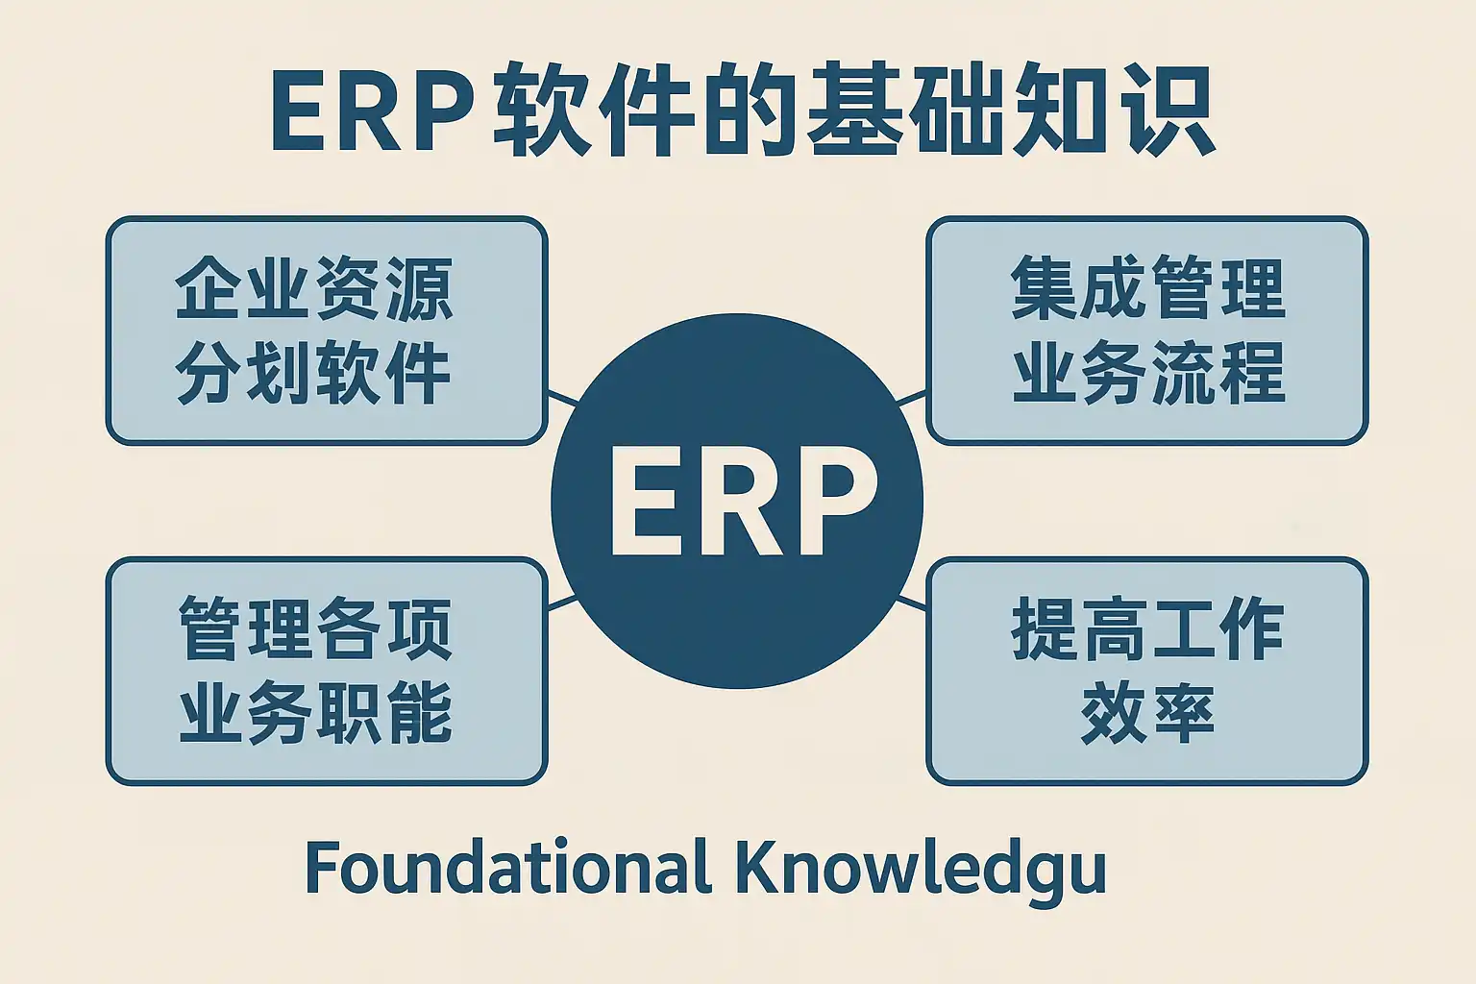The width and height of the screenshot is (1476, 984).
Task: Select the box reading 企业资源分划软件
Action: click(x=326, y=331)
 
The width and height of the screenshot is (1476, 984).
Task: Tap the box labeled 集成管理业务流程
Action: click(x=1146, y=331)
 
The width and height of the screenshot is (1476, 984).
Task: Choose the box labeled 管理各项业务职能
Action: click(x=326, y=671)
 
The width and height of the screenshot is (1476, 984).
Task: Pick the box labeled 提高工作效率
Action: click(x=1146, y=671)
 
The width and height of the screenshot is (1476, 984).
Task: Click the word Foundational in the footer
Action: click(x=507, y=867)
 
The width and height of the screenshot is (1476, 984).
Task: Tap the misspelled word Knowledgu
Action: click(x=921, y=869)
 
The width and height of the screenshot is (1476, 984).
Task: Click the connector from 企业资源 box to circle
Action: click(x=563, y=398)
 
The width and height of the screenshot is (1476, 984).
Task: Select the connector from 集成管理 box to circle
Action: click(x=910, y=398)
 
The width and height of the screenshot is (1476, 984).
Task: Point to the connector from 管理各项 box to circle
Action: click(x=562, y=603)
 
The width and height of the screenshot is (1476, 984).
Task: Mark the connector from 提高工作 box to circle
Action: click(x=911, y=603)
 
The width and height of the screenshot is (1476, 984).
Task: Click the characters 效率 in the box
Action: click(x=1146, y=713)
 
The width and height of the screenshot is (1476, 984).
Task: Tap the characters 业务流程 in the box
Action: click(x=1147, y=373)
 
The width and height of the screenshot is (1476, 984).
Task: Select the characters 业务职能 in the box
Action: click(x=315, y=713)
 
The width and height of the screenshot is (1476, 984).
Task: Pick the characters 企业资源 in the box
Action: click(x=313, y=289)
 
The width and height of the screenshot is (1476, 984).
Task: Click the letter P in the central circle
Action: click(x=834, y=500)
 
